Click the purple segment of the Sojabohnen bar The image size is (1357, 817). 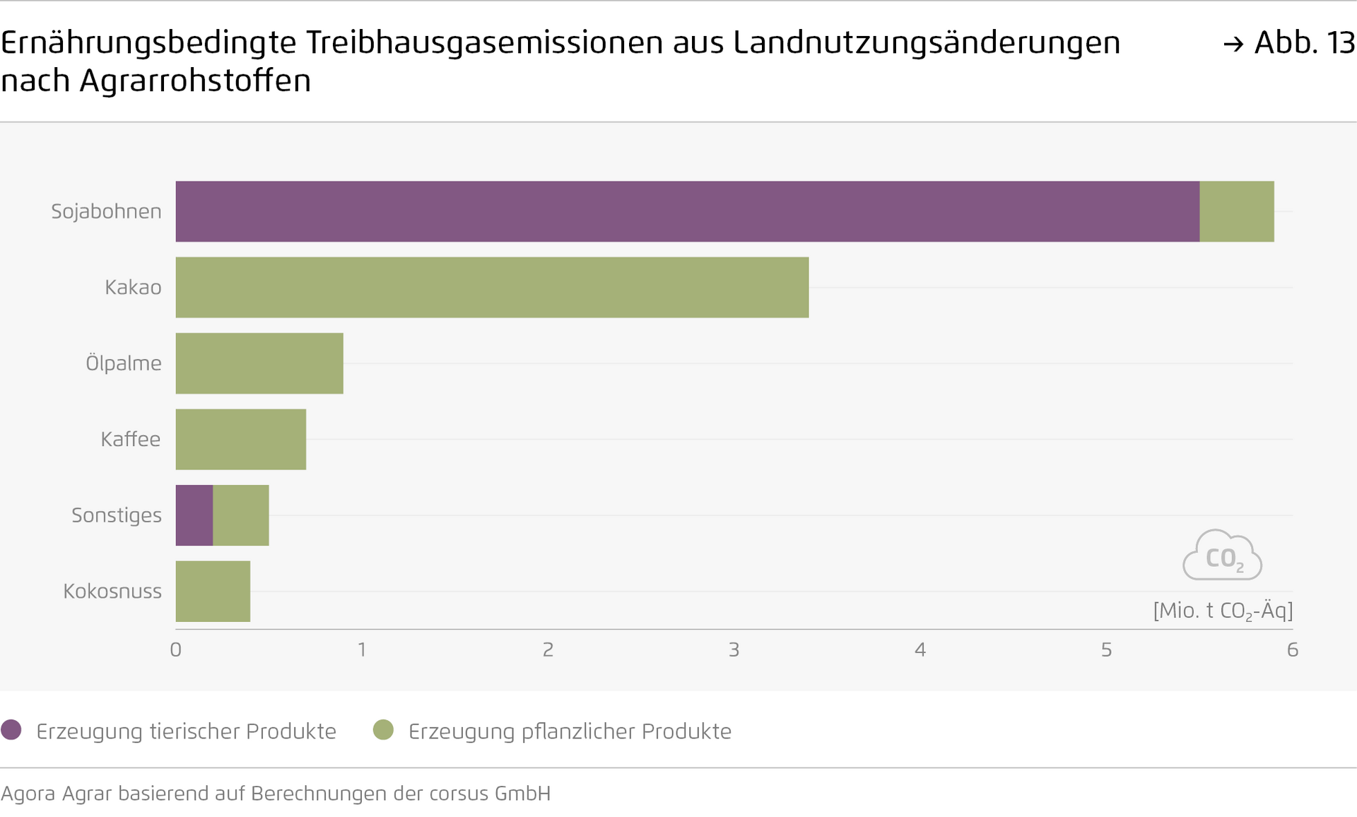point(687,211)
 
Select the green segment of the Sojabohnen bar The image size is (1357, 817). point(1236,211)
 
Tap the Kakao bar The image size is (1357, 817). point(492,287)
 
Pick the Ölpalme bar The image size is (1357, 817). point(259,363)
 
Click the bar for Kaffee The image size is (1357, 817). point(240,439)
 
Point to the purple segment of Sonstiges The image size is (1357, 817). point(194,515)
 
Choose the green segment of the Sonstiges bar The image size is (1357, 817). point(241,515)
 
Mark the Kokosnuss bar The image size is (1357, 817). point(213,591)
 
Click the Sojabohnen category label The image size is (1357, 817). point(106,211)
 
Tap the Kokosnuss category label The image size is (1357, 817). point(112,591)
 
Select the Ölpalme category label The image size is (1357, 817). point(124,363)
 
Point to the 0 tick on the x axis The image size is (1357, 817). point(176,650)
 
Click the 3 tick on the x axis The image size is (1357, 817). point(734,650)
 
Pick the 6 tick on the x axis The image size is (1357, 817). point(1293,650)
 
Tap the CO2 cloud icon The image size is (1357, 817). point(1223,556)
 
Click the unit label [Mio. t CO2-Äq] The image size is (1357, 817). point(1223,611)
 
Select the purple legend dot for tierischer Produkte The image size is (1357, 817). point(11,730)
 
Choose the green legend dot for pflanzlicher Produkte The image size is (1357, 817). point(383,730)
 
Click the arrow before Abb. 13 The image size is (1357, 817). point(1233,45)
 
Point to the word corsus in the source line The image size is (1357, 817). point(455,794)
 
